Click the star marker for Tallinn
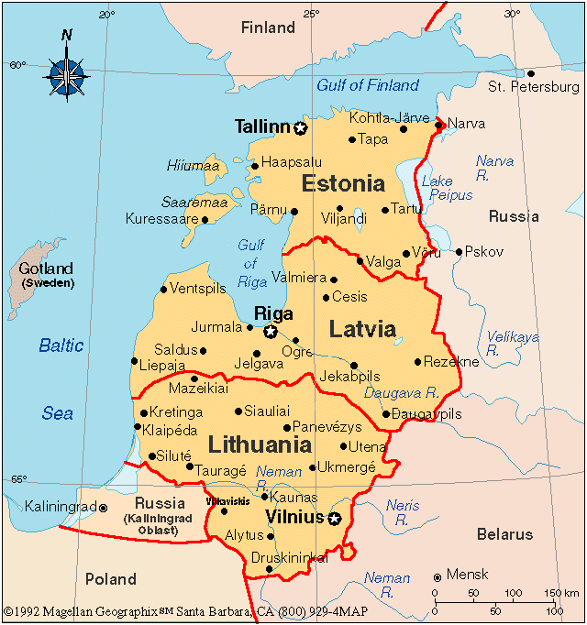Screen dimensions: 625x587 300,128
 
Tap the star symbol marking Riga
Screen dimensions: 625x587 271,332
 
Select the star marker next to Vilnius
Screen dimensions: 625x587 334,520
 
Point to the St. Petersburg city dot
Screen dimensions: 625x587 530,73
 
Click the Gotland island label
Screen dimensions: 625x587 46,269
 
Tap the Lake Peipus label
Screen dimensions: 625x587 437,189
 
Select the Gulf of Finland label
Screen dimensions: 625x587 367,85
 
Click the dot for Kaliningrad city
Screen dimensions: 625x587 103,507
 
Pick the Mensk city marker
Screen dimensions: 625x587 437,576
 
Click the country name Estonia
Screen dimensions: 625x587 343,183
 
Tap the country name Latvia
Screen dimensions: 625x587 362,329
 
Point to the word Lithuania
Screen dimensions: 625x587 260,446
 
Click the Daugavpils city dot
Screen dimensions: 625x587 386,414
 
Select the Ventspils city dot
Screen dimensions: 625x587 163,290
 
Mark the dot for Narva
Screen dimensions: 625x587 439,124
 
